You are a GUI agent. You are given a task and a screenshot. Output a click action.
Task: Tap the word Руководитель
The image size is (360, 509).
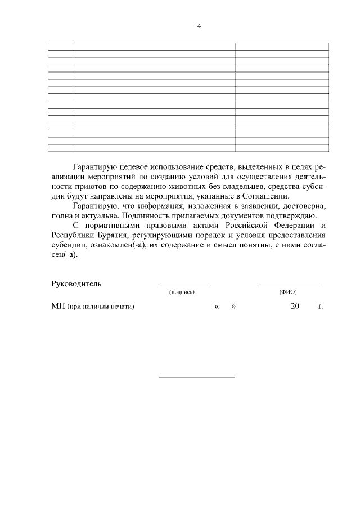(x=76, y=283)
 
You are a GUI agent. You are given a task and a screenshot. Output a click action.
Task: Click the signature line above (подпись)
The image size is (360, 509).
(x=183, y=287)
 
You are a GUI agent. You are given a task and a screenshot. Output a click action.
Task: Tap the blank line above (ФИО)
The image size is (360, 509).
(x=291, y=287)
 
